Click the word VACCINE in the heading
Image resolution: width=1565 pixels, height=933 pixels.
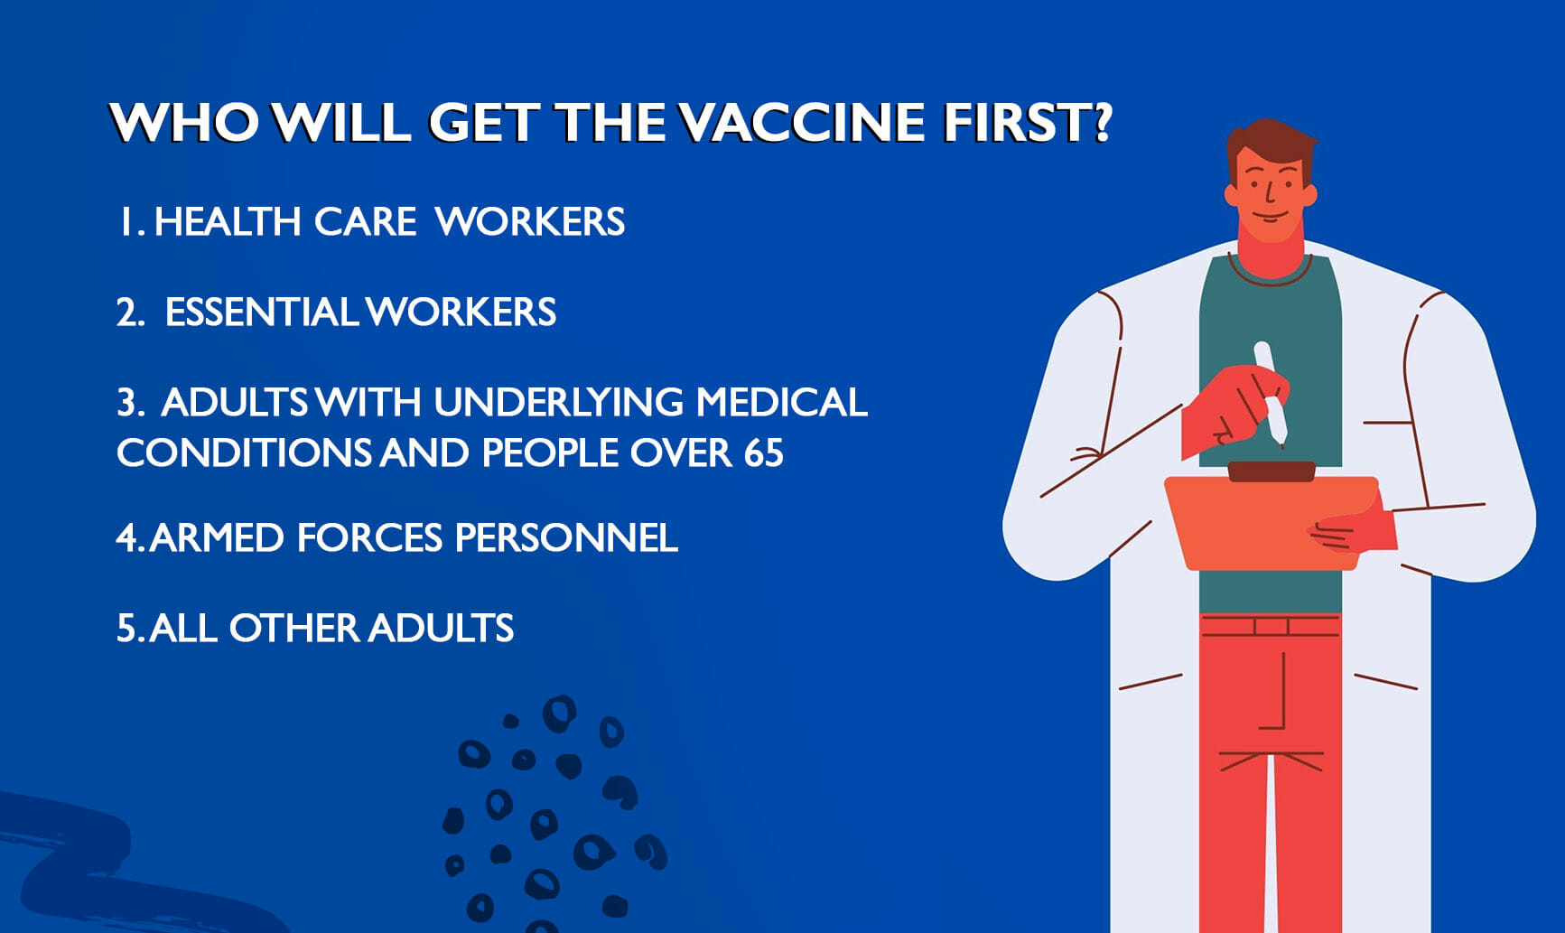click(802, 122)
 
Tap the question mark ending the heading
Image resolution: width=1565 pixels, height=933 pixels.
click(1101, 122)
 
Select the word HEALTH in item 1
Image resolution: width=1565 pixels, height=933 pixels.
click(228, 222)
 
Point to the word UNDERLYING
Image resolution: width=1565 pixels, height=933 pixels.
click(559, 403)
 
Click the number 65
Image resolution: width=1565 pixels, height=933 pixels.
click(764, 453)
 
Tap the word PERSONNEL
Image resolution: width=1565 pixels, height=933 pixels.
click(566, 538)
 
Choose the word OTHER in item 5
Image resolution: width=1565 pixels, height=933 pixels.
click(293, 629)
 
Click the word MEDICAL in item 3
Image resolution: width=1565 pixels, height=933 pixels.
click(782, 403)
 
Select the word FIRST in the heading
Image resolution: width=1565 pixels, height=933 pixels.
click(1014, 122)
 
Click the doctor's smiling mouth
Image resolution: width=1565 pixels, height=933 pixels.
click(1269, 217)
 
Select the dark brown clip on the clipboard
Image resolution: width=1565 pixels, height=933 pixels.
click(1272, 471)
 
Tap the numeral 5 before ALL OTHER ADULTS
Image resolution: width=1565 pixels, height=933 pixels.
click(126, 629)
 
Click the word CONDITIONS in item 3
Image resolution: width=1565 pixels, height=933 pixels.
click(244, 453)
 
